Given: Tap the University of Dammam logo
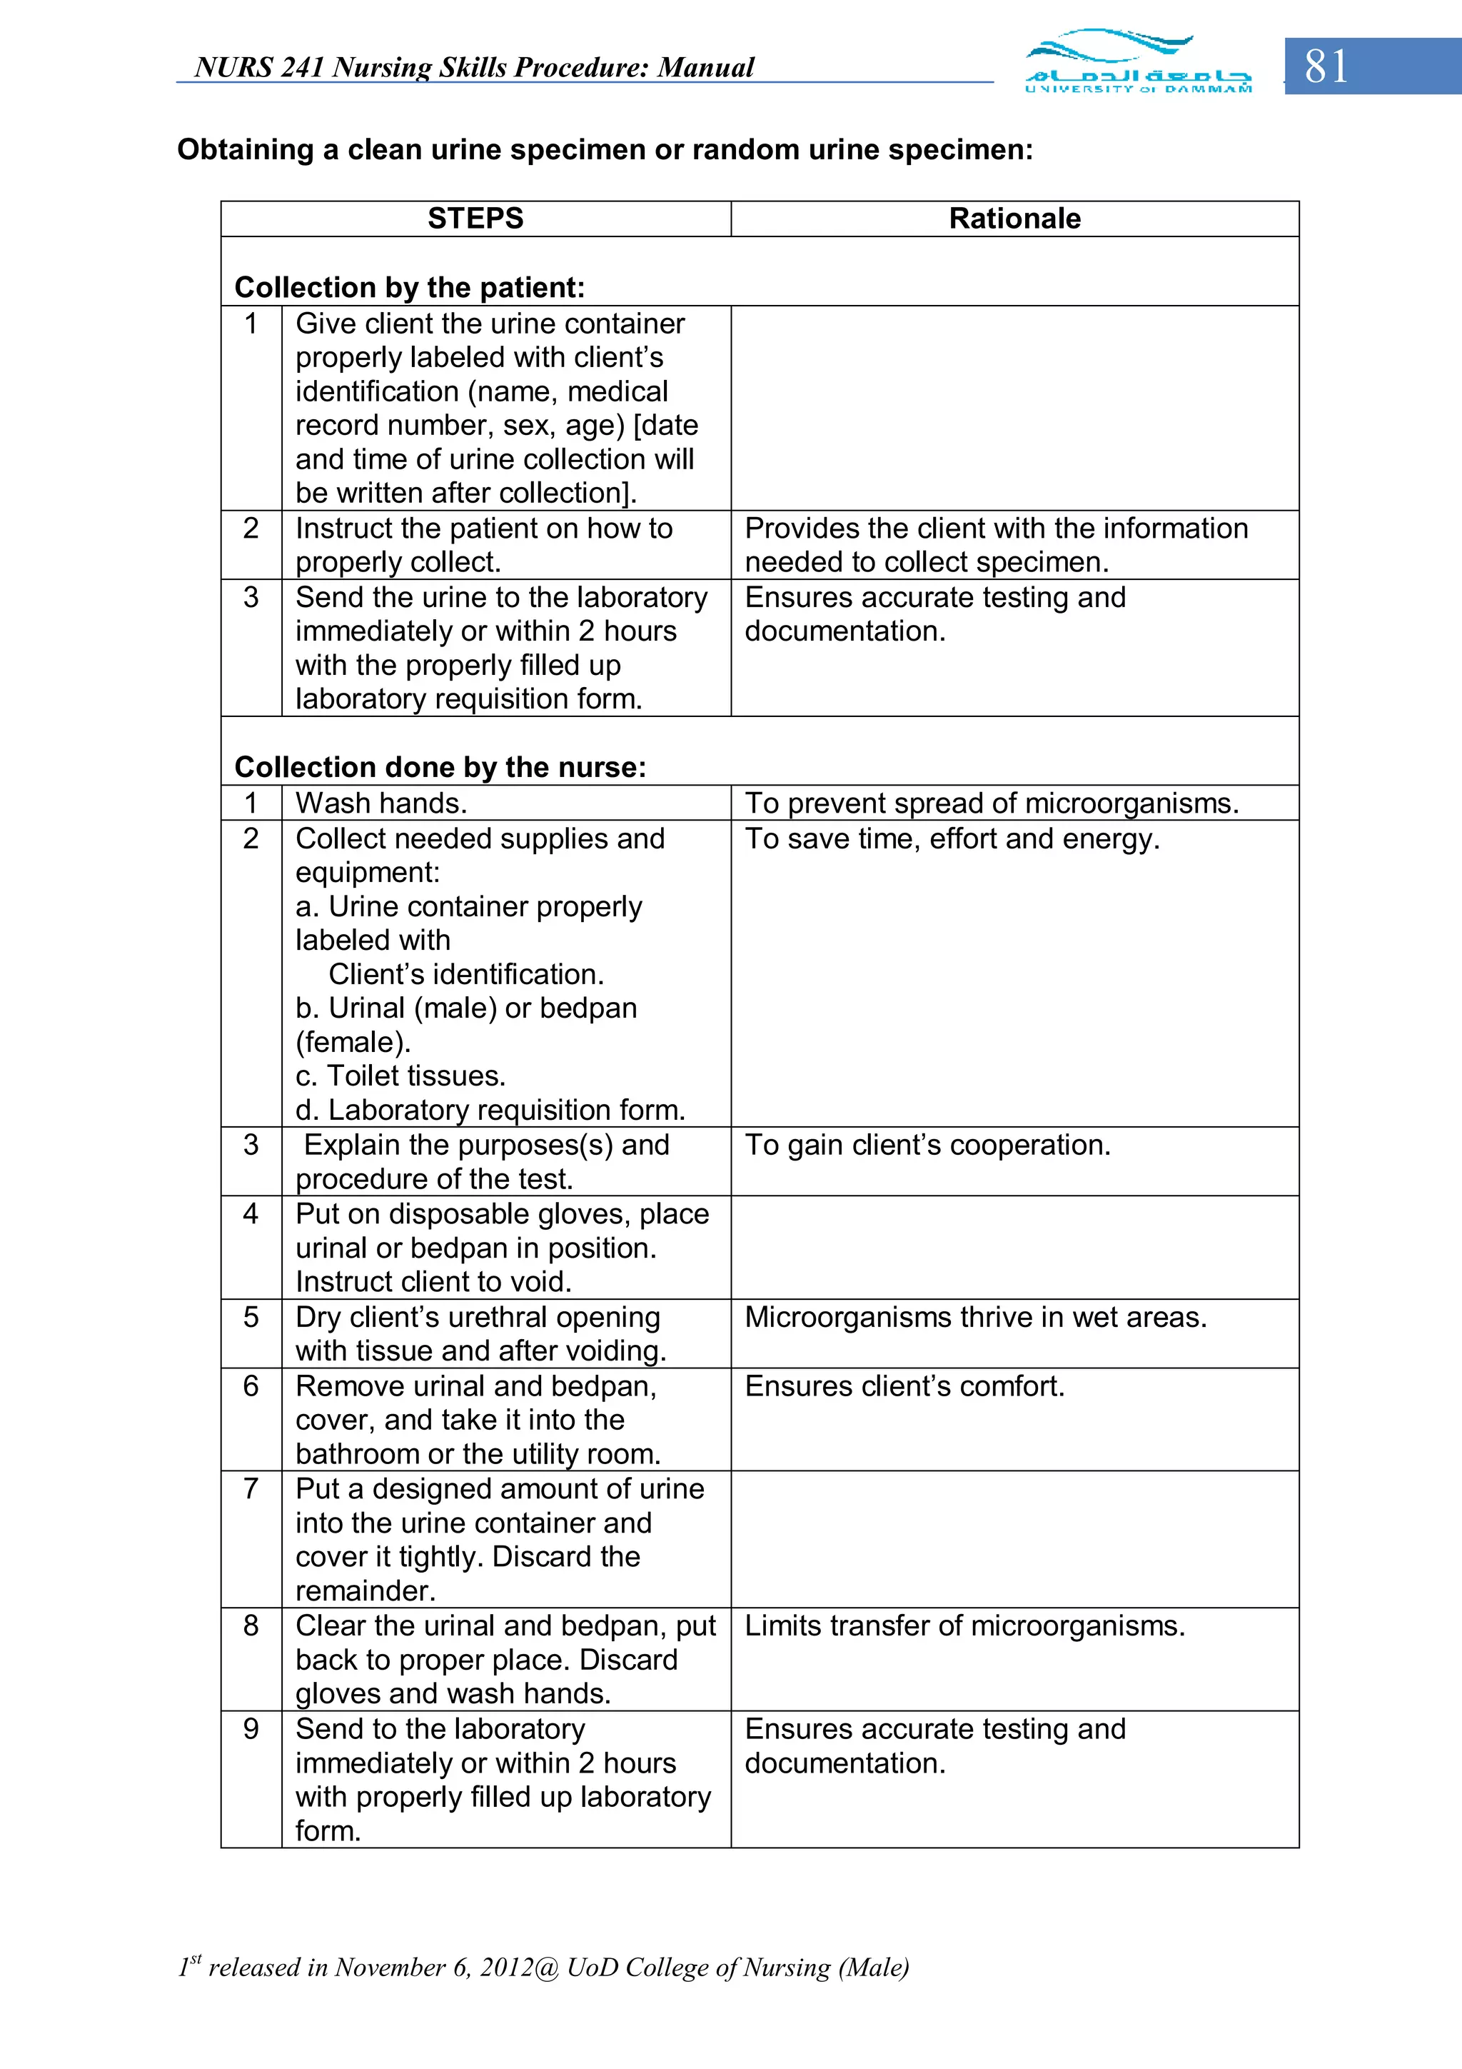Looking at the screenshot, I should pos(1138,61).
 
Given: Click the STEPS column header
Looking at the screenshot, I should pos(475,218).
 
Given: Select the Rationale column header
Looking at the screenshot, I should pos(1014,218).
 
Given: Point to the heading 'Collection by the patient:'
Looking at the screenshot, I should pos(410,288).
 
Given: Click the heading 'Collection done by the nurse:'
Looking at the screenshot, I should pos(440,767).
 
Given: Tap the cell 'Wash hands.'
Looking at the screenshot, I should pos(381,803).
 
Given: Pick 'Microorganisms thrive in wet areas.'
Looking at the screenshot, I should pos(976,1318).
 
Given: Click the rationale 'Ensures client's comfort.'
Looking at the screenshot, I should pos(904,1386).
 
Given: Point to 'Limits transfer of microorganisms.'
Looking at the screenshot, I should pos(964,1625).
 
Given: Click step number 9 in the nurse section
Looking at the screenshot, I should pos(251,1729).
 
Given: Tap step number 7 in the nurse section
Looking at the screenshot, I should pos(251,1488).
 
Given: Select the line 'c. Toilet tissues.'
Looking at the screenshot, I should pos(401,1076).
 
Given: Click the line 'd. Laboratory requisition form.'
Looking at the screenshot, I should pos(490,1110).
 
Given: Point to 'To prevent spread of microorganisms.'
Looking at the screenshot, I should pos(992,803).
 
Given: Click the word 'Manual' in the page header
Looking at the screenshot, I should pos(705,68).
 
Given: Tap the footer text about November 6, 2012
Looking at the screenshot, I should pos(543,1966).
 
